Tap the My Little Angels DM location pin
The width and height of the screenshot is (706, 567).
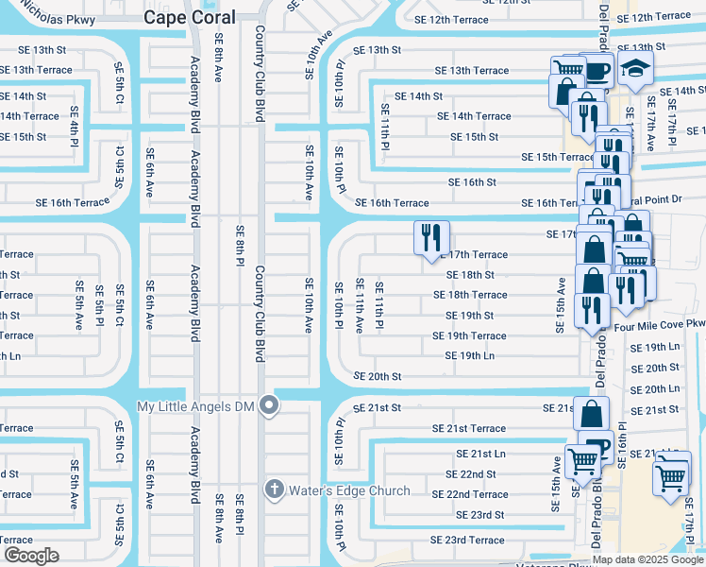point(269,406)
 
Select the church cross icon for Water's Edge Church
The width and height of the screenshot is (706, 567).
point(274,490)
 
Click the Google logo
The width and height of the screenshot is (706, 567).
point(31,555)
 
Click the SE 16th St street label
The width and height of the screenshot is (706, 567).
point(472,182)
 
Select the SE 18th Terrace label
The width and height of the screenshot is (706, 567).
point(470,295)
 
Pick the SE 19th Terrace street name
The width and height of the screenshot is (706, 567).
point(469,335)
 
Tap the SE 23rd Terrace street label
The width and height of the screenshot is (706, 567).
point(467,541)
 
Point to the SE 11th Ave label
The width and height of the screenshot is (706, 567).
point(359,305)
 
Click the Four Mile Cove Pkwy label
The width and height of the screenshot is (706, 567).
point(659,324)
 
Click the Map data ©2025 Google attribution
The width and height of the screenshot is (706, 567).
point(647,559)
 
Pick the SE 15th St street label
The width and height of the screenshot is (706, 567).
point(474,137)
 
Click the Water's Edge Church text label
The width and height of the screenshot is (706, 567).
point(350,490)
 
